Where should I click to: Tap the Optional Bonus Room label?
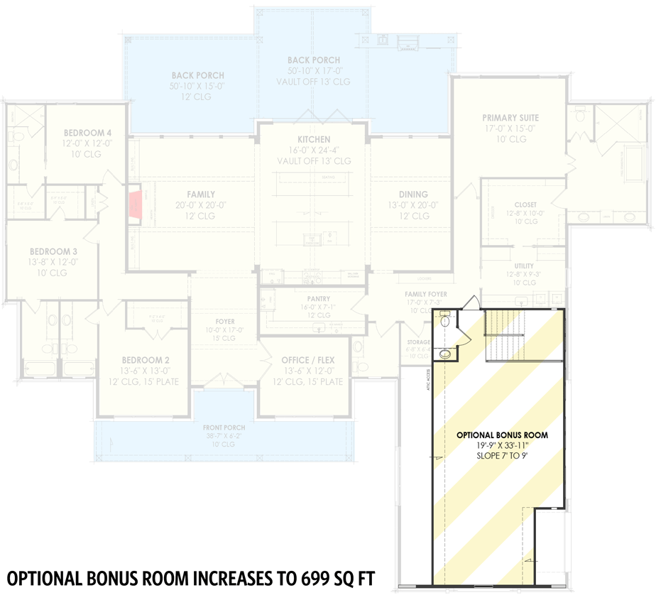pos(501,435)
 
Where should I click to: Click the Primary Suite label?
pos(510,118)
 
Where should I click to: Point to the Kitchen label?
pos(313,139)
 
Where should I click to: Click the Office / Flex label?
pos(307,360)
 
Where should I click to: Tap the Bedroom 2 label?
pos(145,360)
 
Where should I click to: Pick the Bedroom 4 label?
pos(87,132)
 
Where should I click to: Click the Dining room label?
pos(413,194)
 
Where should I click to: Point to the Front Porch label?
pos(224,427)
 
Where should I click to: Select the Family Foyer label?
pos(426,294)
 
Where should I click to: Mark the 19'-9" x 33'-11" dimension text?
pos(501,445)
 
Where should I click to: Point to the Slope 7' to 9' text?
pos(501,455)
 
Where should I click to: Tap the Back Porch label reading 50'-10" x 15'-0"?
pos(197,85)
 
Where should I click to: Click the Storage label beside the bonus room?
pos(417,342)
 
